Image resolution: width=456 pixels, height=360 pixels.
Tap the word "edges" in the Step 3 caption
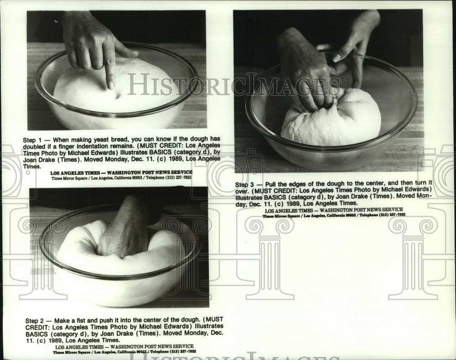[x=306, y=184]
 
